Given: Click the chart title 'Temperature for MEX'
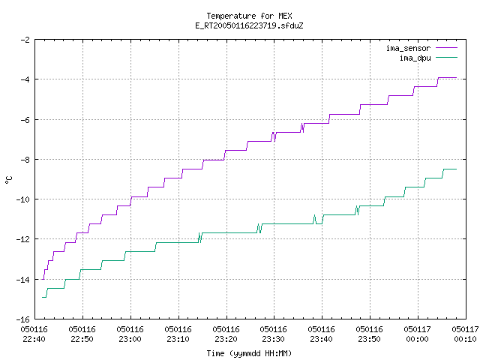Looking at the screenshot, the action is tap(249, 16).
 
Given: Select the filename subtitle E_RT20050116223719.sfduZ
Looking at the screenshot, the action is tap(249, 25).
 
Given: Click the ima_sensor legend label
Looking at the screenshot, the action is tap(408, 48).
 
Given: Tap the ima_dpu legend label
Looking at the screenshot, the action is tap(415, 58).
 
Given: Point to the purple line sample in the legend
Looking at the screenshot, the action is tap(447, 48).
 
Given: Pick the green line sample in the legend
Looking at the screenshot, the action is tap(447, 57).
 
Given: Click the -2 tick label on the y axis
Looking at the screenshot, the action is tap(25, 40).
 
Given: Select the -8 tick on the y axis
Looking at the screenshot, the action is tap(25, 160).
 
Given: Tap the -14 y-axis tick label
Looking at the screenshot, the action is tap(23, 280).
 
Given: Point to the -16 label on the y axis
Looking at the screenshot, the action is tap(23, 319).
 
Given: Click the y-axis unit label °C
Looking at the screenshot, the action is tap(8, 180).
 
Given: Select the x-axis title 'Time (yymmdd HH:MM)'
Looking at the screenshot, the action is tap(249, 353).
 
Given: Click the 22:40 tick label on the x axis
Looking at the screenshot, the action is tap(34, 339).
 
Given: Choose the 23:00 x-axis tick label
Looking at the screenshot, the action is tap(130, 339).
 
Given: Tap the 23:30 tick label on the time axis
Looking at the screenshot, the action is tap(273, 339).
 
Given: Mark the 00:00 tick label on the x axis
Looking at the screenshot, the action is tap(417, 339).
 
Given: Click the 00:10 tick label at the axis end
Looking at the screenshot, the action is tap(465, 339).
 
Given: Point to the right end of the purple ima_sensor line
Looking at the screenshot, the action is tap(457, 78).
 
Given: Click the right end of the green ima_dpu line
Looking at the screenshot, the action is tap(457, 169).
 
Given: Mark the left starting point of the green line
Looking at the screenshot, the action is tap(42, 297).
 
